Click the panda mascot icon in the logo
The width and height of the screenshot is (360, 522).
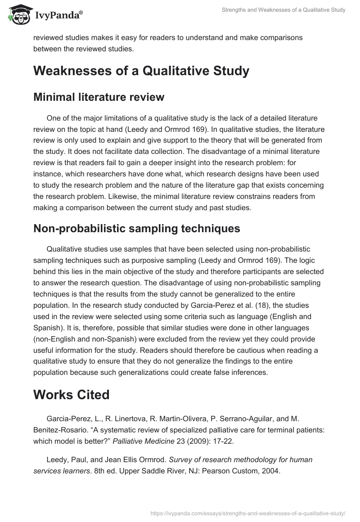(x=18, y=15)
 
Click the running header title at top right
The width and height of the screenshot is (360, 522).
(x=283, y=10)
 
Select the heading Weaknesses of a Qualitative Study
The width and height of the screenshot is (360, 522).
(x=141, y=71)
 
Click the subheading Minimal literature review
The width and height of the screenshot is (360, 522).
(x=99, y=97)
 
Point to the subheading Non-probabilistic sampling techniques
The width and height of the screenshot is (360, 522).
(x=136, y=229)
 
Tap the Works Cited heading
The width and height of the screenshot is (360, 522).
(x=71, y=395)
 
